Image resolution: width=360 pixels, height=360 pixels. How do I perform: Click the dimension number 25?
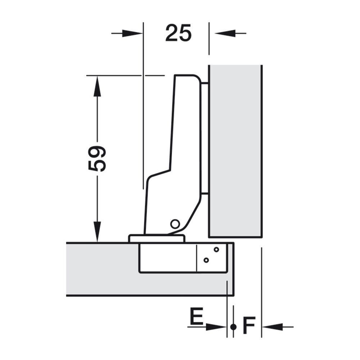tap(178, 33)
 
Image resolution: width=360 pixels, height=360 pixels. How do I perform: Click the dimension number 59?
tap(97, 159)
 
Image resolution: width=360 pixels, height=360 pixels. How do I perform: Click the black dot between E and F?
tap(233, 327)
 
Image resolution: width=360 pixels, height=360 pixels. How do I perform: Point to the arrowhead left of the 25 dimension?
tap(132, 33)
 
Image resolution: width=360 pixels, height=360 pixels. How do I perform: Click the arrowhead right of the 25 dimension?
tap(225, 33)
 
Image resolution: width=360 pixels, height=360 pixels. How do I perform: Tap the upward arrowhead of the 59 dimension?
tap(97, 86)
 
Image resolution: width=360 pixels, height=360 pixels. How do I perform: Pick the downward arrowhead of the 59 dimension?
tap(97, 231)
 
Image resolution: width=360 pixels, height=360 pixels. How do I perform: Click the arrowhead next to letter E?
tap(216, 327)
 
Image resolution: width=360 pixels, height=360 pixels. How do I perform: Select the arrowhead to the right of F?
tap(272, 327)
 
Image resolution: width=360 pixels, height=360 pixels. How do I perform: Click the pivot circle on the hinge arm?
tap(175, 224)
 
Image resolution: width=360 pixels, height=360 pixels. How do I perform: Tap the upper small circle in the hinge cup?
tap(216, 249)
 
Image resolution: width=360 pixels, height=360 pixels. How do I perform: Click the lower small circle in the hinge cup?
tap(206, 260)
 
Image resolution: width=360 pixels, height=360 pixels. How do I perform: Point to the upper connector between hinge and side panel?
tap(205, 84)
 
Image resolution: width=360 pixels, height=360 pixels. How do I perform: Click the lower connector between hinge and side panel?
tap(205, 193)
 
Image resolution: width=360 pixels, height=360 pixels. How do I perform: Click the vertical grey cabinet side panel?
tap(235, 151)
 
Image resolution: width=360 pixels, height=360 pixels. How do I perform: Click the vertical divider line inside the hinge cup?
tap(197, 258)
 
